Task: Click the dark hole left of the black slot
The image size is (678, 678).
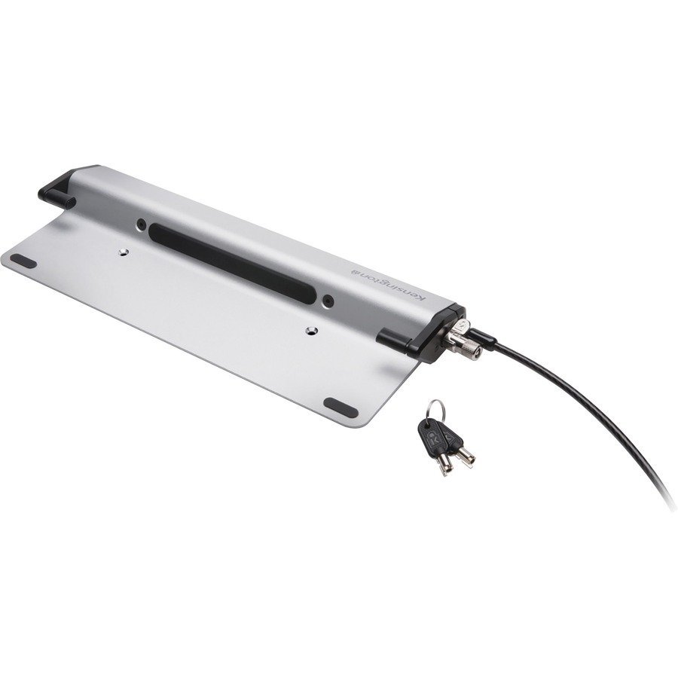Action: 141,224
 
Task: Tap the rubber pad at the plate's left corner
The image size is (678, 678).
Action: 23,261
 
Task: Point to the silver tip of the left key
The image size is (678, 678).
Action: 447,467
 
